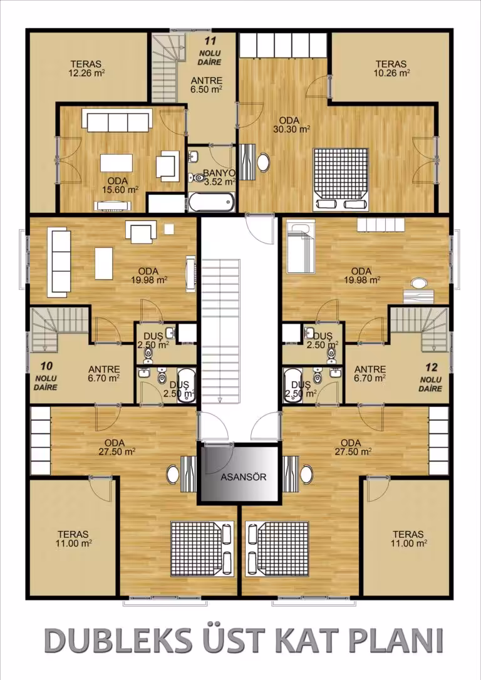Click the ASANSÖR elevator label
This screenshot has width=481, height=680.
coord(244,477)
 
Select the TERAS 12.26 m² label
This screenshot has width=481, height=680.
coord(87,68)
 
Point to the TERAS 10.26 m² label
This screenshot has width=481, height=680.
coord(391,68)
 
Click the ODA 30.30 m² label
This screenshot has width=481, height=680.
coord(291,125)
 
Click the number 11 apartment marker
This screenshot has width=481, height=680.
coord(210,41)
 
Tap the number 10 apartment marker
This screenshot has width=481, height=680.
coord(46,366)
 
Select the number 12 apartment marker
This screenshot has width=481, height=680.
coord(431,368)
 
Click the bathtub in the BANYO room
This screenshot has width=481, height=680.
coord(212,202)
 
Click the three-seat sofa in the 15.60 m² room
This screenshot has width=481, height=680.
coord(117,121)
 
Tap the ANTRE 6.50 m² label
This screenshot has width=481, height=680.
coord(207,85)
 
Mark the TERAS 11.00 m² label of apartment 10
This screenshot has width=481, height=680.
coord(73,539)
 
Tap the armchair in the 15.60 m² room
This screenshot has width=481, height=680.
coord(168,165)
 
